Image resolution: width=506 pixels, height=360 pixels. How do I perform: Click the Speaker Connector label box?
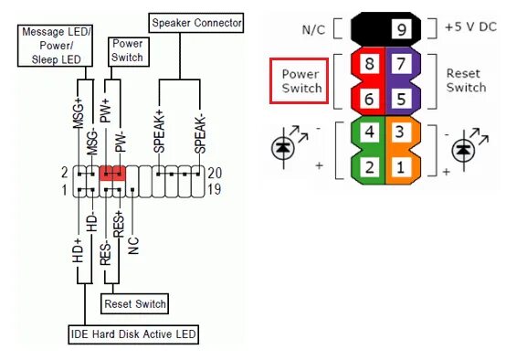pos(196,21)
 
